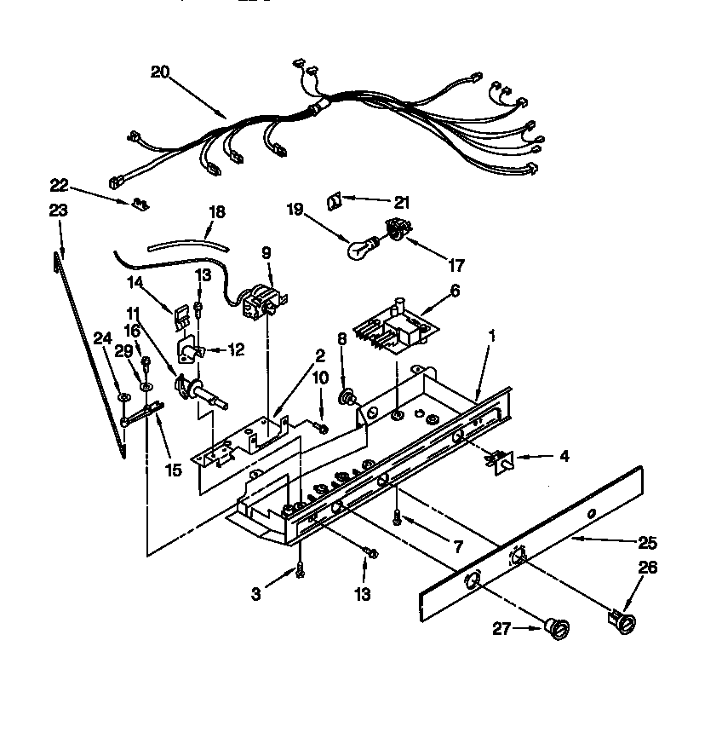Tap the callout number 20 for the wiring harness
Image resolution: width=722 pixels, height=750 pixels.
pyautogui.click(x=160, y=72)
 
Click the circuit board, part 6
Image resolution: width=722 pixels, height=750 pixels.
pyautogui.click(x=393, y=325)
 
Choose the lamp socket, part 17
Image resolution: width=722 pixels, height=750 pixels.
pyautogui.click(x=393, y=228)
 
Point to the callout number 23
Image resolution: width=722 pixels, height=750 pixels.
pyautogui.click(x=59, y=210)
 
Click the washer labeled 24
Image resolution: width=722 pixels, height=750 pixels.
pyautogui.click(x=124, y=396)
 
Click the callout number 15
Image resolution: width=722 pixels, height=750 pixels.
pyautogui.click(x=173, y=470)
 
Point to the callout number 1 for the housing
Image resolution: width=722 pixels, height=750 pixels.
pyautogui.click(x=491, y=336)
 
